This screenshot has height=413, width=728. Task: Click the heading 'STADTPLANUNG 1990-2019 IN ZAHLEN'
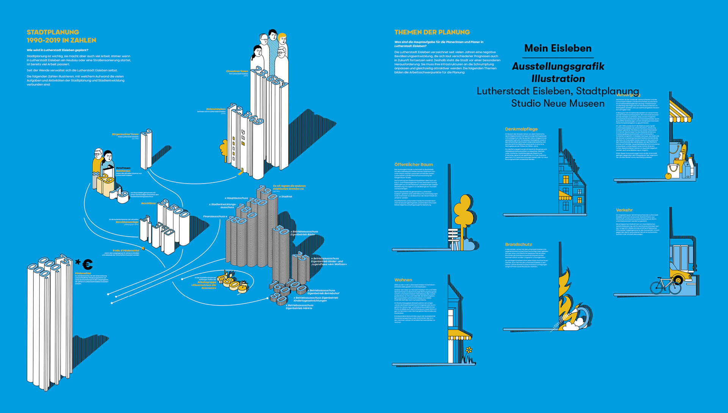click(61, 36)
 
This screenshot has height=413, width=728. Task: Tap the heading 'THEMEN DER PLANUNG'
click(432, 32)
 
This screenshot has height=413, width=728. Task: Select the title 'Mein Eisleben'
click(557, 48)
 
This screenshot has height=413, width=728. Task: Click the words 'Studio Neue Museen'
click(557, 103)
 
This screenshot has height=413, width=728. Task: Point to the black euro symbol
click(88, 264)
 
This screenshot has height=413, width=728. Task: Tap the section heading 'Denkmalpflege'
click(521, 129)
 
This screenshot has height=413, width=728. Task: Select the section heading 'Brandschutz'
click(518, 244)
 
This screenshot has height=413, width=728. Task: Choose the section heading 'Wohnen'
click(403, 280)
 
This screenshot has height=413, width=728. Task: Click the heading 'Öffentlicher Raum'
click(413, 165)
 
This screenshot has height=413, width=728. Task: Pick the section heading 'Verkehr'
click(624, 210)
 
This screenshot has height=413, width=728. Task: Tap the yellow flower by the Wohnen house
click(469, 350)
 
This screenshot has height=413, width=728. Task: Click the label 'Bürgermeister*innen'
click(125, 134)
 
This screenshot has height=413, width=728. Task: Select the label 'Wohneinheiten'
click(216, 109)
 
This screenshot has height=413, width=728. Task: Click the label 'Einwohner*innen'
click(237, 71)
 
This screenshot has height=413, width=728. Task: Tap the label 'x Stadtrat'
click(286, 196)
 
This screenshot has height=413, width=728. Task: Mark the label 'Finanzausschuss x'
click(215, 216)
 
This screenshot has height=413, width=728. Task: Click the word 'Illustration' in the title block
click(558, 79)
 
